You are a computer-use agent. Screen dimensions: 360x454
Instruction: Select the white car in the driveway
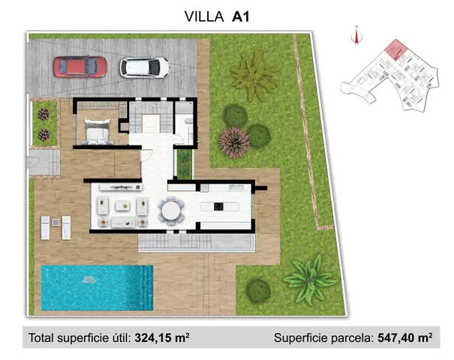(145, 67)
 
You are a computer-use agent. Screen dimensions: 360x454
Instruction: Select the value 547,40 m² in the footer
(403, 338)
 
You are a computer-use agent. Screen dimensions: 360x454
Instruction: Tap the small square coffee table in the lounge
(122, 205)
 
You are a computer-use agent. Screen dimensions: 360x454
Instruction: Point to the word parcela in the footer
(347, 338)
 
